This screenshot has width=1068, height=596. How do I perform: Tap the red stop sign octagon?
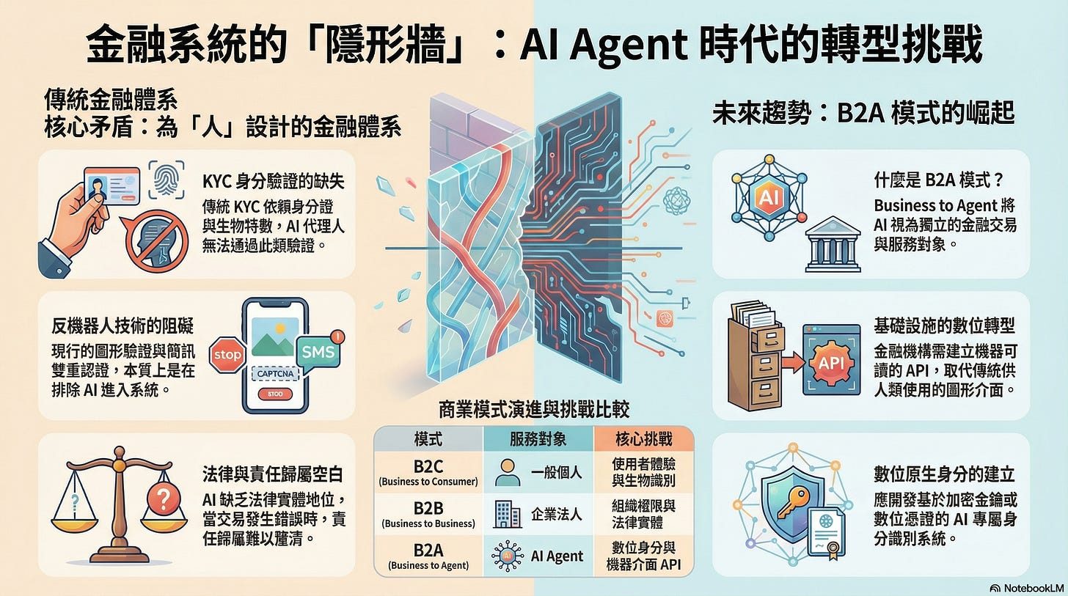[x=227, y=356]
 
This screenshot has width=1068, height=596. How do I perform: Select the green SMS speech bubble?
[x=318, y=352]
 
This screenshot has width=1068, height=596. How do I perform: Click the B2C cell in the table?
[x=428, y=472]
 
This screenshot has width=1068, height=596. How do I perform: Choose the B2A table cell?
[x=428, y=555]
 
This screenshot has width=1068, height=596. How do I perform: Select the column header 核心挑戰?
[x=643, y=439]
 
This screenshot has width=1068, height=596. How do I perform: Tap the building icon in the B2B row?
[x=503, y=513]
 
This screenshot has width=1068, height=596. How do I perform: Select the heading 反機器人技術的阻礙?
[x=123, y=325]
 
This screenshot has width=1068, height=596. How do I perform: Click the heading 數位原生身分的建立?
[x=946, y=472]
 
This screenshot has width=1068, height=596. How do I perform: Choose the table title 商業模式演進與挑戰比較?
[x=533, y=408]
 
